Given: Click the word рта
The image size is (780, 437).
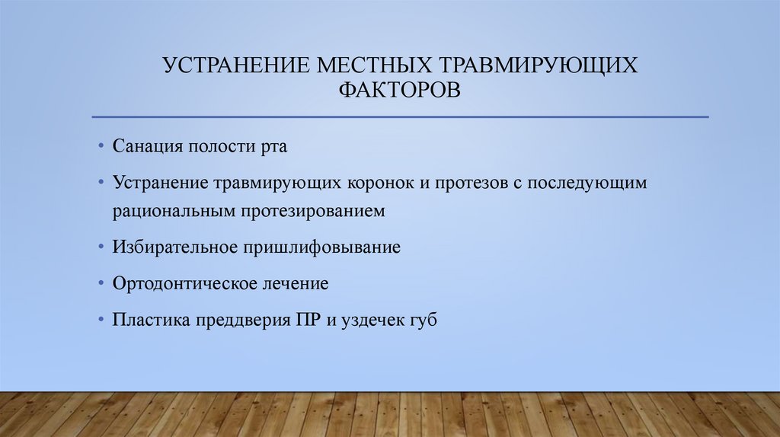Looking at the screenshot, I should pos(273,146).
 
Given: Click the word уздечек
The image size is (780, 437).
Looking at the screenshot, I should pos(373,321).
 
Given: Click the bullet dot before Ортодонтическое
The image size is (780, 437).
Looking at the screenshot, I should pos(101,284).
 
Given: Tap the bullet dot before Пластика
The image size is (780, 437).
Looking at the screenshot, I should pos(101,321).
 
